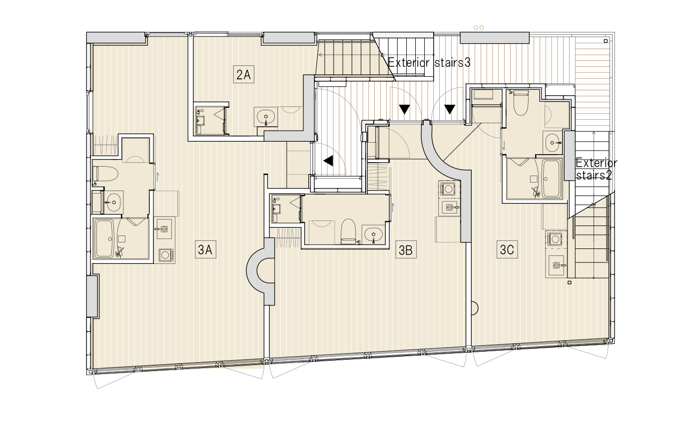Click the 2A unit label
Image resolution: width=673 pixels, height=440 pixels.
click(x=243, y=75)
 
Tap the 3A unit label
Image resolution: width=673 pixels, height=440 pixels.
click(x=205, y=249)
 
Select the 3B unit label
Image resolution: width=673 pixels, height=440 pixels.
click(x=405, y=249)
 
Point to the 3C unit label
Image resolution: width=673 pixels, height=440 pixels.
click(x=507, y=249)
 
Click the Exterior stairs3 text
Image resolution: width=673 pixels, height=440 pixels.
click(x=429, y=63)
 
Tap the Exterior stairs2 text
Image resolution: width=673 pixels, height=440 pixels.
click(x=596, y=169)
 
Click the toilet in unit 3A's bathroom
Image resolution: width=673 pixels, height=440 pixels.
click(x=106, y=174)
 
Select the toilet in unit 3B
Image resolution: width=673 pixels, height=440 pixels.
click(x=348, y=232)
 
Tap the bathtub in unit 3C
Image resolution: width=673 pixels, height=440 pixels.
click(x=551, y=178)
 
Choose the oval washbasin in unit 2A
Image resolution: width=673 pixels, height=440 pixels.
click(x=265, y=116)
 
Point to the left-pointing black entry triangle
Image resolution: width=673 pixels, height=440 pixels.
click(x=328, y=161)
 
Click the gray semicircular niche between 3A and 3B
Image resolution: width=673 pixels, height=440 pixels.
click(x=262, y=272)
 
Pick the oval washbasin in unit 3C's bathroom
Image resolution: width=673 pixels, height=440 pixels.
click(x=552, y=142)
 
